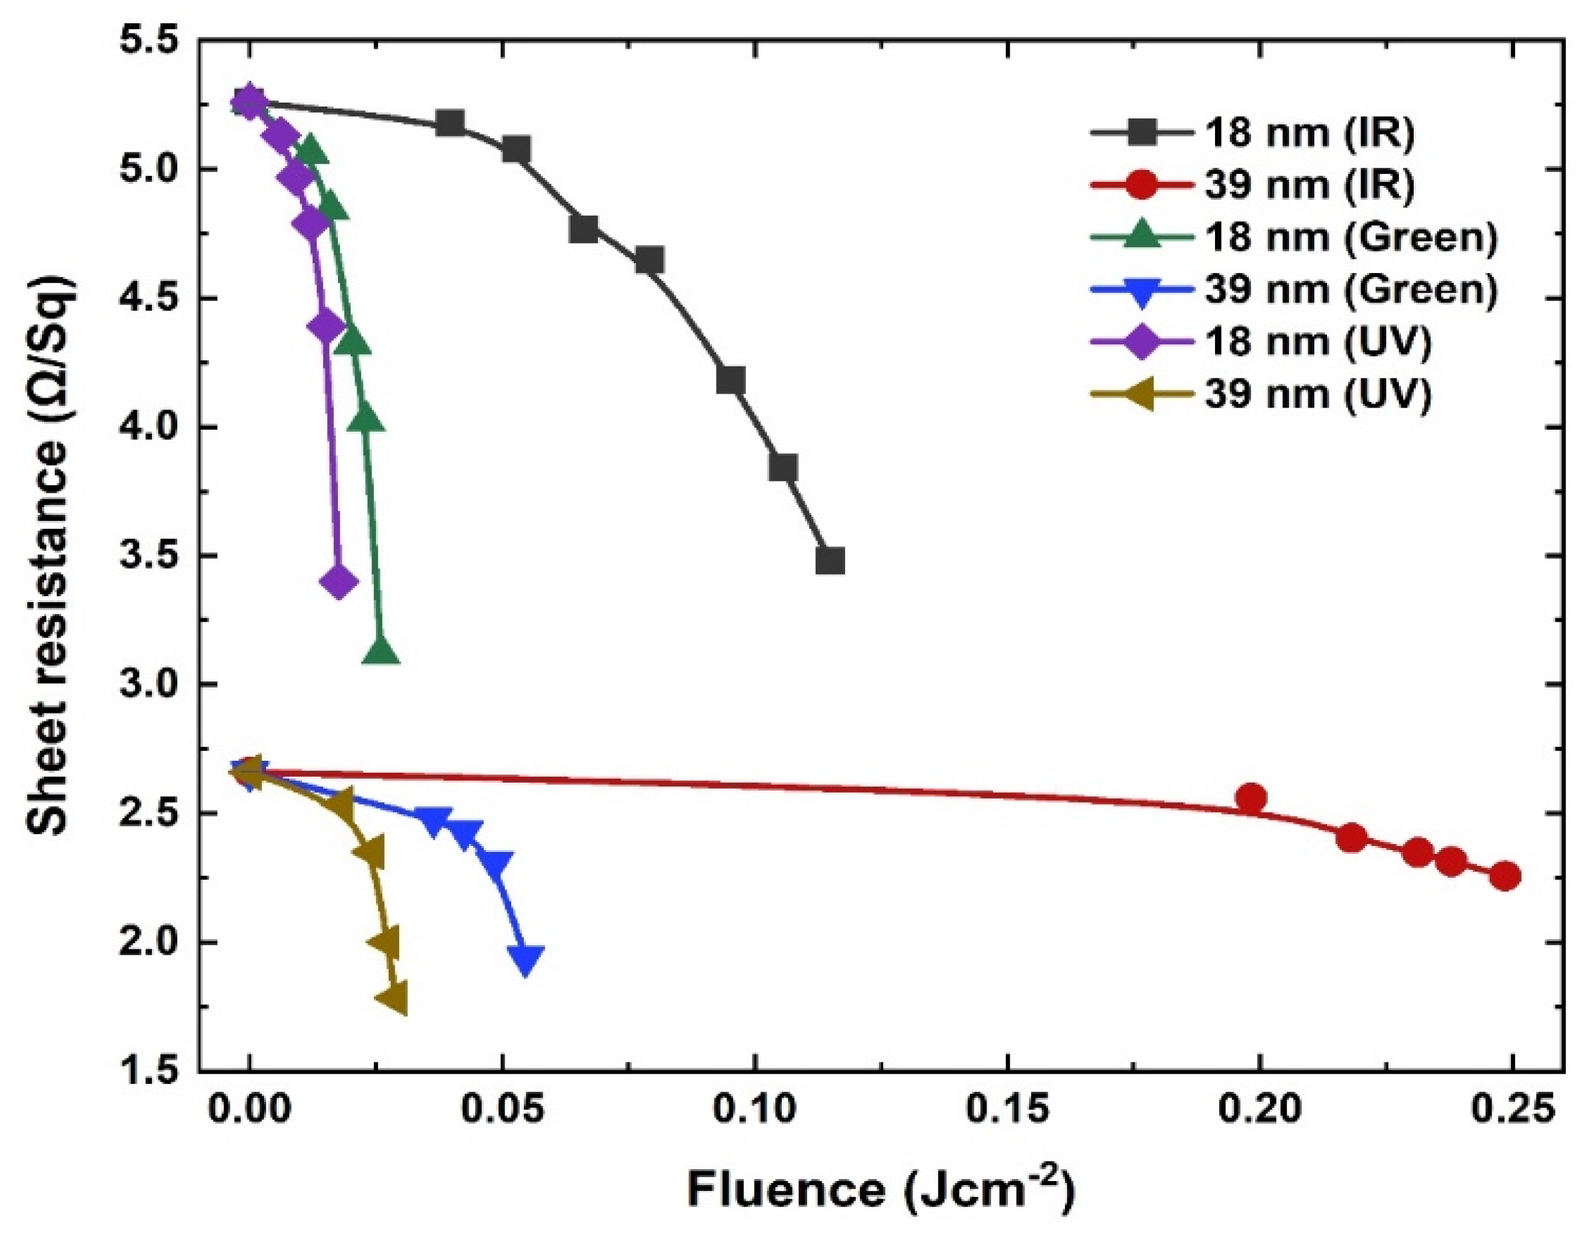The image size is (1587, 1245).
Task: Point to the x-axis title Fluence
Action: click(x=880, y=1190)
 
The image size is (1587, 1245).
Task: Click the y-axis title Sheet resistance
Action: click(x=48, y=556)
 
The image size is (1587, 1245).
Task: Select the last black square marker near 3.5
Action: click(x=830, y=562)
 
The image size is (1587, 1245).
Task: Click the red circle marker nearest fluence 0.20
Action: click(x=1252, y=798)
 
